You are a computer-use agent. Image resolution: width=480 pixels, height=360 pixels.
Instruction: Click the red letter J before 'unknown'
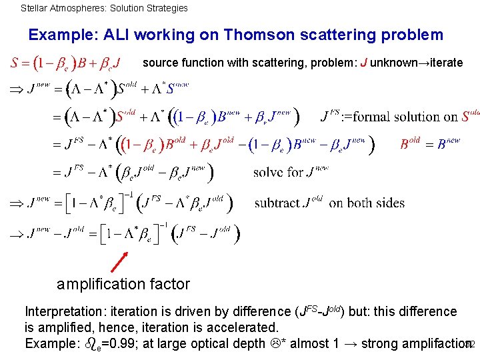coord(363,63)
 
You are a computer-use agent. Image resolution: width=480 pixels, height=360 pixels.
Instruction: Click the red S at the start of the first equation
coord(15,64)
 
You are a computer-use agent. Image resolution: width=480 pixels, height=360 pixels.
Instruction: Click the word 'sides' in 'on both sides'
coord(391,203)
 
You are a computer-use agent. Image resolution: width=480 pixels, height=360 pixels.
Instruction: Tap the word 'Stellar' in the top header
coord(35,9)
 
